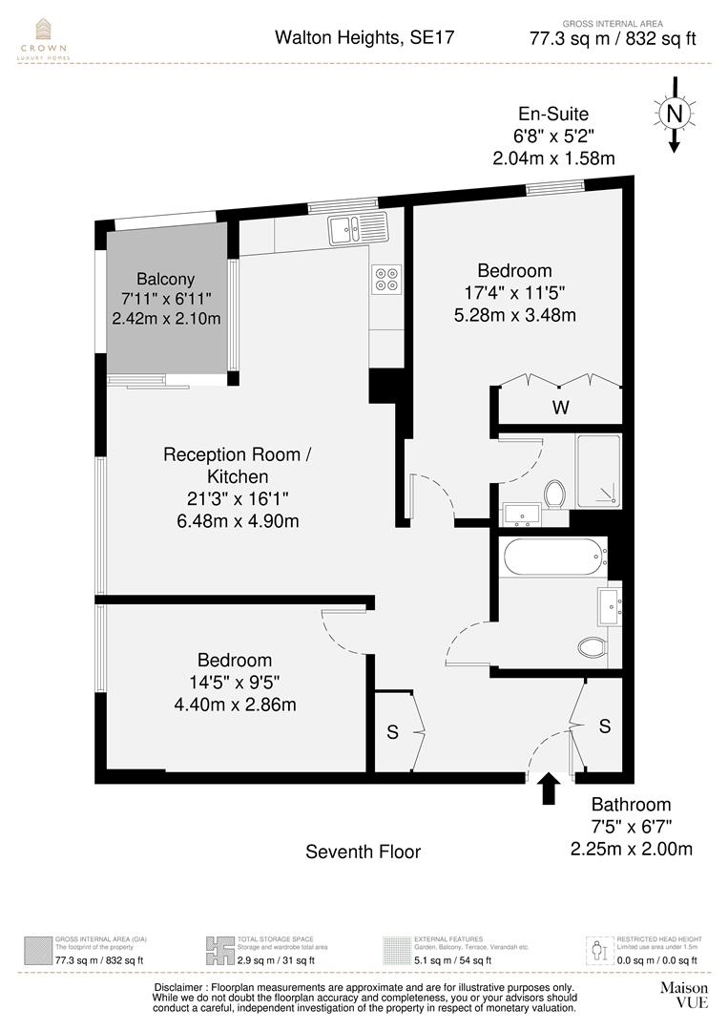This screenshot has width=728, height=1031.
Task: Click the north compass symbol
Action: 675,116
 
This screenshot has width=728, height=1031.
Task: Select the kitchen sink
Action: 357,228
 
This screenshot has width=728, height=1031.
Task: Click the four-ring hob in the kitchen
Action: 387,278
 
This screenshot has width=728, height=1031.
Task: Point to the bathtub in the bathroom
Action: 554,557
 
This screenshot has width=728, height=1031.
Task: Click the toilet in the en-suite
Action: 555,493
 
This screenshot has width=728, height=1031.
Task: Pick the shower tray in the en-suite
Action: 598,471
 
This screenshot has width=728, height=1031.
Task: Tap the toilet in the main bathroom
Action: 592,648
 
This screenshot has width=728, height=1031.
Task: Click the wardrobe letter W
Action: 562,408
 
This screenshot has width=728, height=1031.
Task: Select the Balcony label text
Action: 165,279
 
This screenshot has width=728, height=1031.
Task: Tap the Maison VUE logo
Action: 685,996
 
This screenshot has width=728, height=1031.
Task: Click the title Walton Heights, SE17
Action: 364,38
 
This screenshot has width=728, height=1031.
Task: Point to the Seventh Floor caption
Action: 363,851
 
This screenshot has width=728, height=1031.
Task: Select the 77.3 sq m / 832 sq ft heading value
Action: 613,39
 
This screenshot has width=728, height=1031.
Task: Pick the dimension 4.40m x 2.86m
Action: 234,705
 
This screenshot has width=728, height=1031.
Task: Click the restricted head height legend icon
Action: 598,950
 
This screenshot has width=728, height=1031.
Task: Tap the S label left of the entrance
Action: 392,732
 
